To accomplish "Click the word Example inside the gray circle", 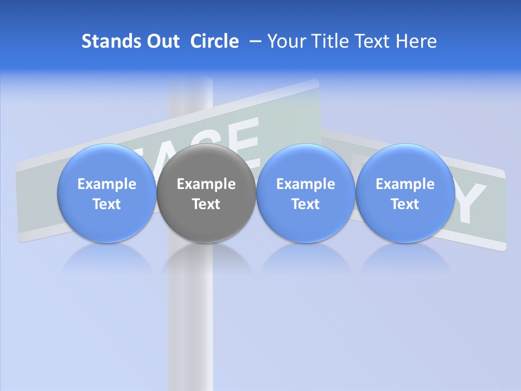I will click(x=206, y=184).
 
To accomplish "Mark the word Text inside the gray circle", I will click(x=206, y=204).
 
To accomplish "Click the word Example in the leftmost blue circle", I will click(x=107, y=184).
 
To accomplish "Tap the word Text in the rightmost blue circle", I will click(x=405, y=204).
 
